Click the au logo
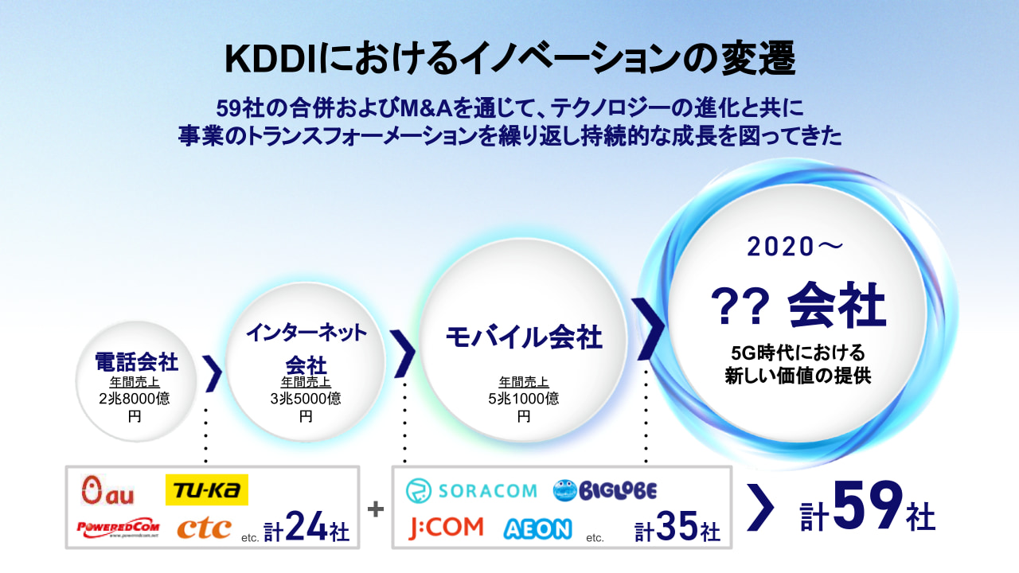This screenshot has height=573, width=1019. click(x=107, y=490)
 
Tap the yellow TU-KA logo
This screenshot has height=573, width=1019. click(x=206, y=489)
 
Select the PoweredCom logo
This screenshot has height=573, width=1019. click(x=119, y=528)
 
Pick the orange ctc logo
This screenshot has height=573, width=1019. click(x=205, y=528)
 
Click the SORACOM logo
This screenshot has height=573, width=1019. click(x=471, y=491)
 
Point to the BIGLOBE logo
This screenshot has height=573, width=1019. click(x=605, y=491)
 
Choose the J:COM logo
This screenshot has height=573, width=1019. click(x=446, y=528)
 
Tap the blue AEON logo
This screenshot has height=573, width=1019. click(x=537, y=529)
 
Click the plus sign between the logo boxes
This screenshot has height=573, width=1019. click(x=375, y=509)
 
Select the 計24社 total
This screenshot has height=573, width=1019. click(x=306, y=527)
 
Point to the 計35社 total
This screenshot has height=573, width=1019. click(x=677, y=527)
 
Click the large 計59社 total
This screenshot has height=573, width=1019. click(x=868, y=507)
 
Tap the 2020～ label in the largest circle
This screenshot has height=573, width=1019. click(x=795, y=247)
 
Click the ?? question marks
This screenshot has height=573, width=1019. click(x=740, y=306)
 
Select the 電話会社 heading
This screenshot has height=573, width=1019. click(x=136, y=362)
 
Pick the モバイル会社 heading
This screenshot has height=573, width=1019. click(x=524, y=337)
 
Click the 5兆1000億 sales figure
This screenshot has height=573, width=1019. click(x=524, y=399)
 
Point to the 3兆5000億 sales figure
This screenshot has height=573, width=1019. click(x=306, y=399)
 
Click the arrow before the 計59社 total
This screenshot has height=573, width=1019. click(x=760, y=508)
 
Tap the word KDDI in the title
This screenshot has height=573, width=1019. click(x=271, y=59)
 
